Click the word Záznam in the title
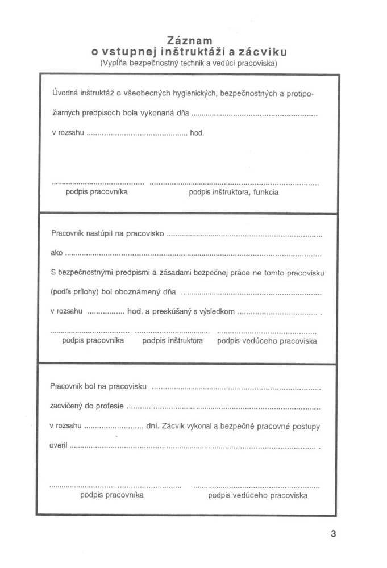click(190, 40)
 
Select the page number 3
click(334, 534)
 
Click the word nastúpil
click(103, 233)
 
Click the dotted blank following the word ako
click(193, 253)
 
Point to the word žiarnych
click(65, 114)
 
